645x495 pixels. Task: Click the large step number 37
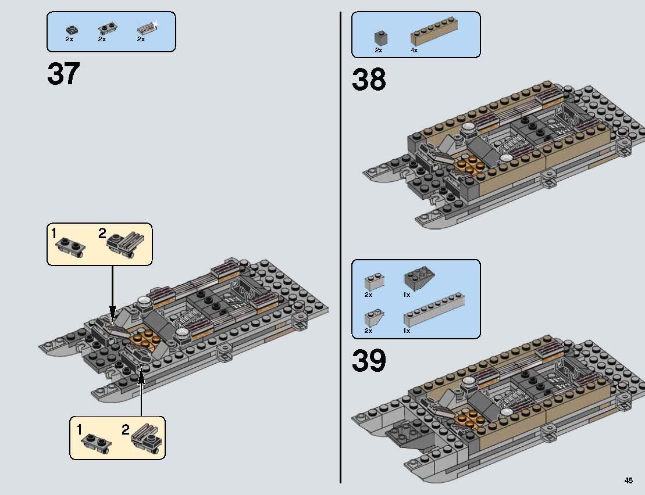tap(63, 74)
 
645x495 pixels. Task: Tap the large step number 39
tap(369, 361)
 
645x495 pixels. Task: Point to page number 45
tap(629, 480)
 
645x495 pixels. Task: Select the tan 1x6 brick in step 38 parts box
tap(433, 37)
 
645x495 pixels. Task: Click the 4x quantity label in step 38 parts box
tap(414, 51)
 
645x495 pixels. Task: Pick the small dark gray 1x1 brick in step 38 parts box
tap(381, 38)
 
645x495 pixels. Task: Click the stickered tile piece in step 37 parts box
tap(146, 28)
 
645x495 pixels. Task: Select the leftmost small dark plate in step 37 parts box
tap(72, 28)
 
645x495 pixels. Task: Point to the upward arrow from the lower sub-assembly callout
tap(141, 395)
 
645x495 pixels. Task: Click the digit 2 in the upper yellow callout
tap(102, 234)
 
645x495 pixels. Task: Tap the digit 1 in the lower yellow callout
tap(79, 430)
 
